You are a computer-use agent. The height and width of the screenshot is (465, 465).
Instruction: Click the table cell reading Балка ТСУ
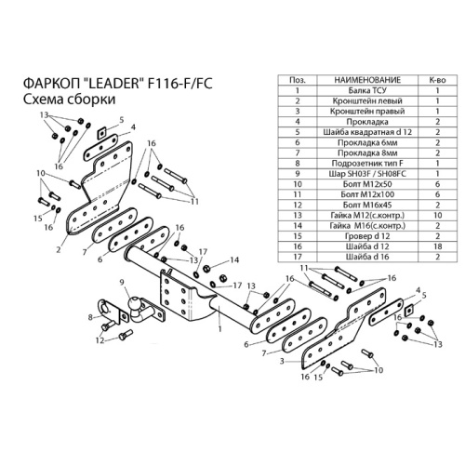(x=367, y=90)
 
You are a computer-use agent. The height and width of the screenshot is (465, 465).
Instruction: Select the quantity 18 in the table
(x=437, y=246)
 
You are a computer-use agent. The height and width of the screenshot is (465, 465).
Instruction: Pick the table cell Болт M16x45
(x=367, y=205)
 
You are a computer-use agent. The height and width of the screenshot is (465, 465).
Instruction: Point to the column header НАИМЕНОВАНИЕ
(x=367, y=80)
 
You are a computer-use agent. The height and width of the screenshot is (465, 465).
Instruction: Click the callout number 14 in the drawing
(x=234, y=259)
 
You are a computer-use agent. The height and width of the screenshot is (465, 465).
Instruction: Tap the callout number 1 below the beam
(x=219, y=328)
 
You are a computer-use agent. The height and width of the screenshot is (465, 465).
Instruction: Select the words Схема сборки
(x=69, y=100)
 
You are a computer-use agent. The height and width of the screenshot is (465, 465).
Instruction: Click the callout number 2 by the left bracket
(x=59, y=249)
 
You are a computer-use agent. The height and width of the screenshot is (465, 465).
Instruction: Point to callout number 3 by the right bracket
(x=282, y=361)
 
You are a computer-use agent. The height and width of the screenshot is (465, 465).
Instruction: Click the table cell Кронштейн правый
(x=367, y=112)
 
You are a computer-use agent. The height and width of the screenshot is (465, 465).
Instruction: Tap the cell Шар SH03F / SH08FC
(x=367, y=174)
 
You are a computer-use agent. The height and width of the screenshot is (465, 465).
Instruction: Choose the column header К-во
(x=437, y=80)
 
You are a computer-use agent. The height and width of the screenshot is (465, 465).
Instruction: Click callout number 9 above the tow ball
(x=122, y=282)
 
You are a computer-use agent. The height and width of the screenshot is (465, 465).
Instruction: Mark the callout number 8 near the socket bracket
(x=90, y=317)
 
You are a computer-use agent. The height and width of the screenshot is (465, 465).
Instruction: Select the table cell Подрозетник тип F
(x=367, y=164)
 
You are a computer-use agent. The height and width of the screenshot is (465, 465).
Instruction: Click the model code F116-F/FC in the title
(x=180, y=84)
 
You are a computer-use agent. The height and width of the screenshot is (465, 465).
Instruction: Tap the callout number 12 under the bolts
(x=100, y=340)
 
